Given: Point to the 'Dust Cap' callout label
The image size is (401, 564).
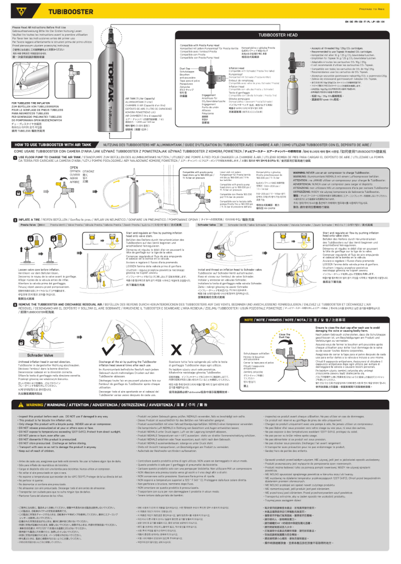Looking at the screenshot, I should [x=185, y=68].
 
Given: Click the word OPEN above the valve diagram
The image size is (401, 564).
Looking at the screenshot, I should [x=73, y=167].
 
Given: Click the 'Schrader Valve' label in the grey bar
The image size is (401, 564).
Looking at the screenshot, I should [x=206, y=225].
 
